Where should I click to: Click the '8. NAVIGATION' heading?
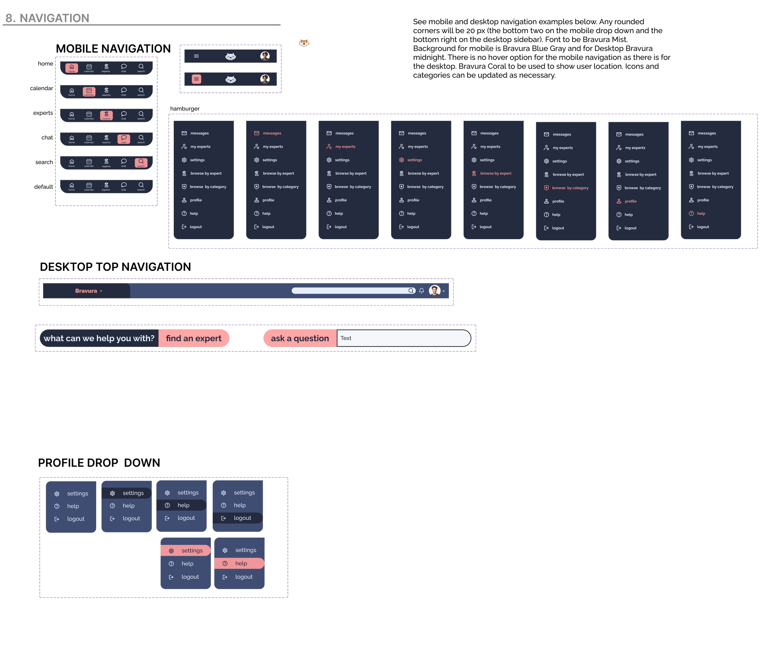[x=47, y=18]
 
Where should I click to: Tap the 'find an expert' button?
[x=194, y=338]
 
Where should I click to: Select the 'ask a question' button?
[x=300, y=338]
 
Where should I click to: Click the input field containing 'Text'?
[x=403, y=338]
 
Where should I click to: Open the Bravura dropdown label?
[x=88, y=291]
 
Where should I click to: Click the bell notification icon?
[x=422, y=291]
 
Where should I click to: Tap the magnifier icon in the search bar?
[x=411, y=291]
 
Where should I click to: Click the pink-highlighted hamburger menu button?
[x=196, y=79]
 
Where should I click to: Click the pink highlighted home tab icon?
[x=72, y=68]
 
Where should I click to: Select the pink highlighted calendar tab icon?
[x=89, y=92]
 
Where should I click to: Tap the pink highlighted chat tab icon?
[x=124, y=139]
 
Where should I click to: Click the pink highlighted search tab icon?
[x=141, y=163]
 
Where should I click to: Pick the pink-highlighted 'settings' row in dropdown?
[x=186, y=550]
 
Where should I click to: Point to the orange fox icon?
[x=304, y=43]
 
